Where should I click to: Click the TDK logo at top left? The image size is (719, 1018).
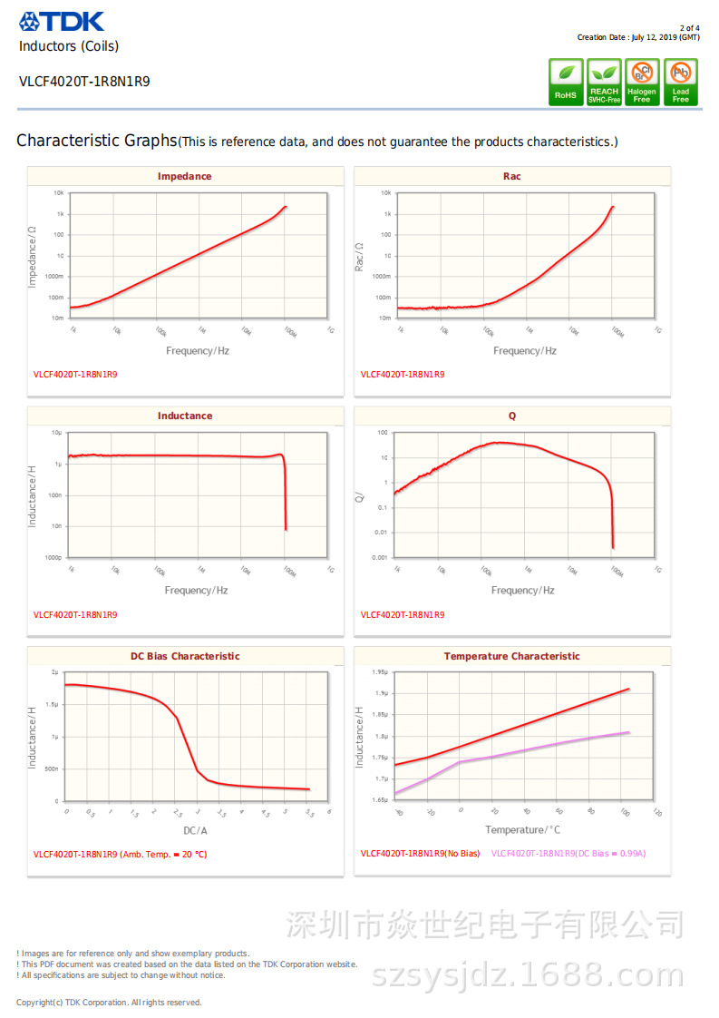[x=62, y=21]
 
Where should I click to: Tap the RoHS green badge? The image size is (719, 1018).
[x=565, y=83]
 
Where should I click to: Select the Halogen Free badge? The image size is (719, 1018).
[x=642, y=83]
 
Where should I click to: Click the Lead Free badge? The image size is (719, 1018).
[x=680, y=83]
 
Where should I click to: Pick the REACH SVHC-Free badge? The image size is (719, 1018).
[x=604, y=83]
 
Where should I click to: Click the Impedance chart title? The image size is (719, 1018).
[x=184, y=176]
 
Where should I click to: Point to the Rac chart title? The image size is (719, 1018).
[x=511, y=176]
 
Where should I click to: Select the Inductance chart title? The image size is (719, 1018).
[x=184, y=416]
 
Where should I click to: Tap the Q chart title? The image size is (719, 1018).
[x=511, y=416]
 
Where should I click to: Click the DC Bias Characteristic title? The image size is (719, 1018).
[x=184, y=656]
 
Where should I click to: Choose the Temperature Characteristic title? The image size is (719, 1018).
[x=511, y=656]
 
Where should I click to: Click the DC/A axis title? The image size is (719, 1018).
[x=195, y=830]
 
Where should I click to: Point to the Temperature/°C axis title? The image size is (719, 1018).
[x=522, y=830]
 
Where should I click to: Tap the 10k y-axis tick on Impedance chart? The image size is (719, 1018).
[x=58, y=193]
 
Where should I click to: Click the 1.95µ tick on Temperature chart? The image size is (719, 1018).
[x=380, y=672]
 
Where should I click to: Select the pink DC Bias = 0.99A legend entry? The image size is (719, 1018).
[x=568, y=854]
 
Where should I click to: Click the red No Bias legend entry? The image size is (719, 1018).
[x=420, y=854]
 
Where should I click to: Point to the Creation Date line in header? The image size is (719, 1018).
[x=638, y=37]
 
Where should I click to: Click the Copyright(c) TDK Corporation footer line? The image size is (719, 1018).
[x=109, y=1003]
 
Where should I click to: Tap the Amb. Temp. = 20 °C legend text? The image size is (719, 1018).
[x=163, y=854]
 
